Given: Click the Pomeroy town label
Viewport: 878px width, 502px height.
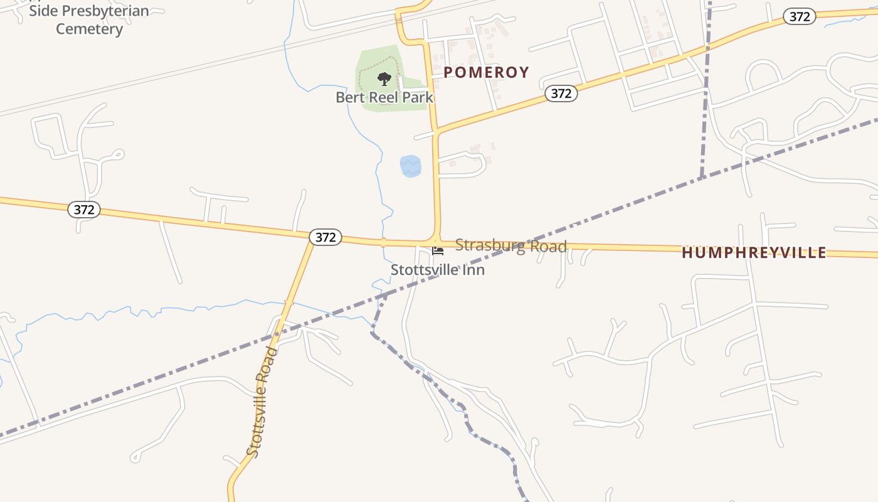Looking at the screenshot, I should (486, 72).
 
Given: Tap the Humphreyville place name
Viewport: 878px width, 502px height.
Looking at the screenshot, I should (754, 252).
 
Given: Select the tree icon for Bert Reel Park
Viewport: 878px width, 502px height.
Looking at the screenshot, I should (384, 79).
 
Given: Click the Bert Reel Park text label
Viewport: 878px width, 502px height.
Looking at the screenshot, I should (384, 97).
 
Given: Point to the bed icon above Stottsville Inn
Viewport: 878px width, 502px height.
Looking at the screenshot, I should (438, 251).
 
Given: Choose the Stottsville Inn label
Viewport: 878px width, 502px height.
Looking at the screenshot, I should (438, 269).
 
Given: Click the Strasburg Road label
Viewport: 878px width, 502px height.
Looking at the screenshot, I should (510, 245).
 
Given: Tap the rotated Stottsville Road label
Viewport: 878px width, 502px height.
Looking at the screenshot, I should (262, 402).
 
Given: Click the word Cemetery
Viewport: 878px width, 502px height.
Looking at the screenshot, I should (89, 29).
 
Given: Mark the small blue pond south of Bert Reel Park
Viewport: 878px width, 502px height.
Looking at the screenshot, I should (410, 166).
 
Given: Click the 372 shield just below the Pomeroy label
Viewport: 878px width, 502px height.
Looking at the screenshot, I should (561, 93).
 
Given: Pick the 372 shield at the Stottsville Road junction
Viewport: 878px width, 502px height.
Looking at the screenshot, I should (325, 237).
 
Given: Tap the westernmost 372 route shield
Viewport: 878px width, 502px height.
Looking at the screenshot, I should (84, 210).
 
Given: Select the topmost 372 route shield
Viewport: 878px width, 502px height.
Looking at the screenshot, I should (799, 17).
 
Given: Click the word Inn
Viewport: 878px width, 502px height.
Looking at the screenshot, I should (473, 269).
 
